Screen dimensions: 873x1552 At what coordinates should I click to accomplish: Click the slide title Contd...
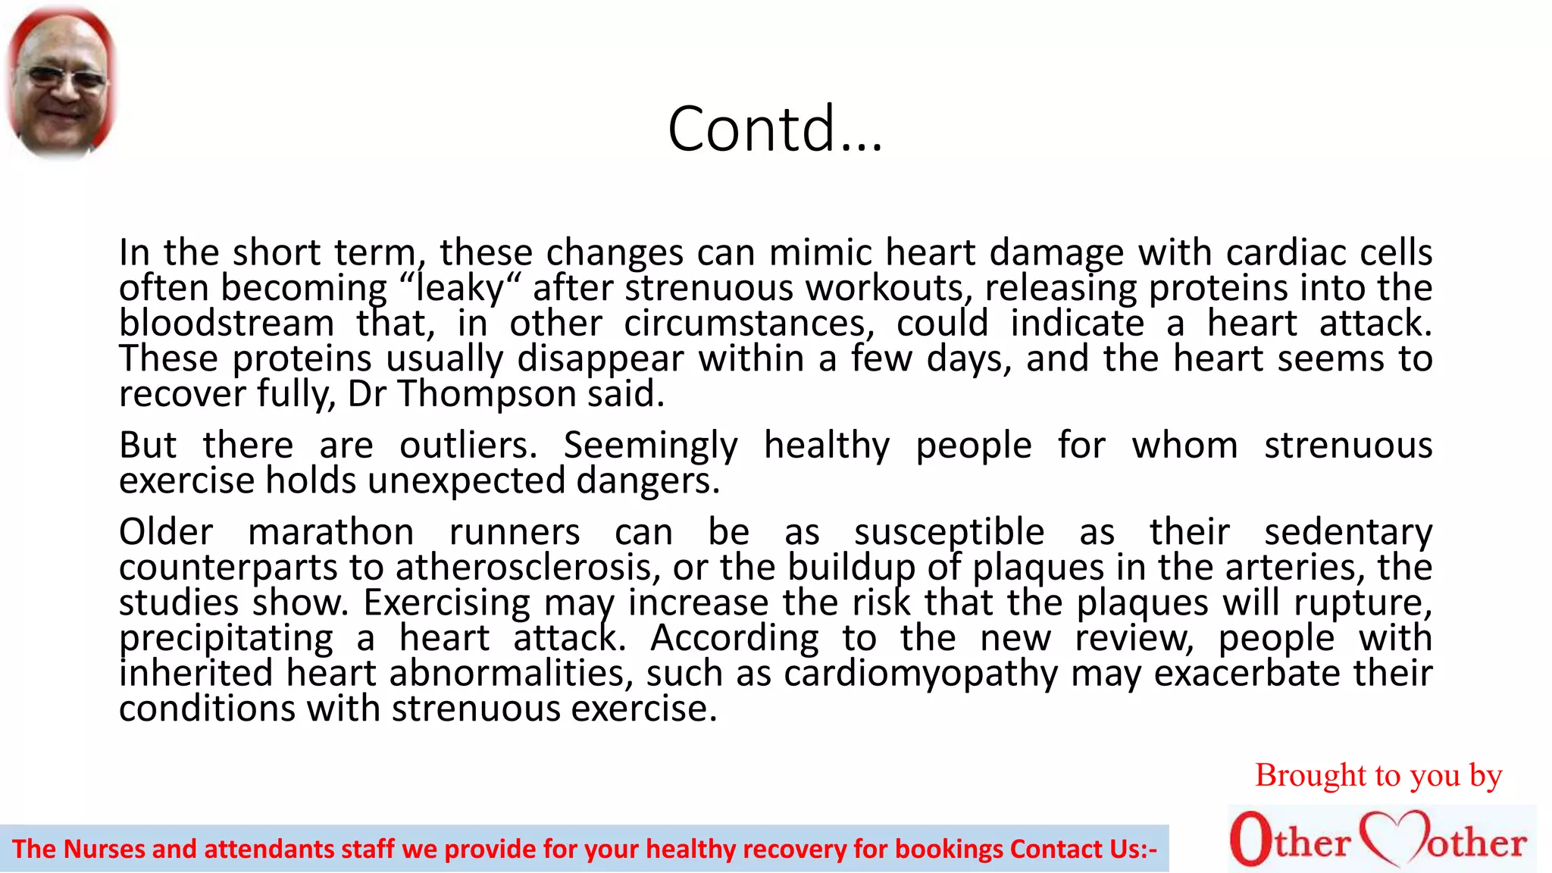coord(774,129)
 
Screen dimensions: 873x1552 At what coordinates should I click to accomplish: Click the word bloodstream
coord(227,324)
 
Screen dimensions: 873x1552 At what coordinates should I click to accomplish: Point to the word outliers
coord(468,445)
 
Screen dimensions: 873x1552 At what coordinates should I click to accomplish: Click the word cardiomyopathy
coord(921,674)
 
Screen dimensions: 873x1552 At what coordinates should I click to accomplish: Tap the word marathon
coord(331,532)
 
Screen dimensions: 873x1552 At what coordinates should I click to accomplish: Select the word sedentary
coord(1348,532)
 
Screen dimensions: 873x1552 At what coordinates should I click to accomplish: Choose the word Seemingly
coord(650,445)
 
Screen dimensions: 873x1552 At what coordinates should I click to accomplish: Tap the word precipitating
coord(226,638)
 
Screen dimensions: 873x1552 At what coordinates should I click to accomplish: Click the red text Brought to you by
coord(1378,775)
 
